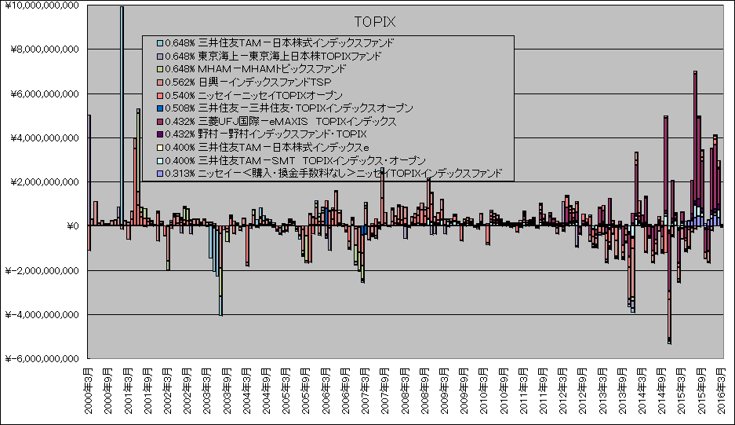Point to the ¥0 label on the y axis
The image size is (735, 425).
coord(73,227)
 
